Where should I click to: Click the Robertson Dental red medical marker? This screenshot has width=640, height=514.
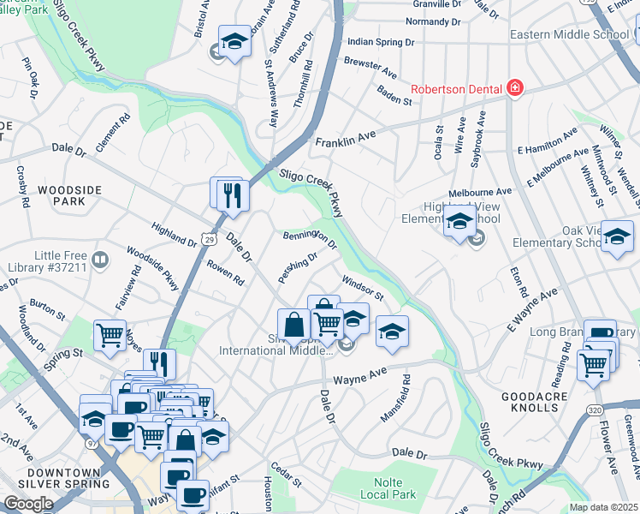coord(514,87)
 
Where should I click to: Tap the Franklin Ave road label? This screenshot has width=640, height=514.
coord(346,137)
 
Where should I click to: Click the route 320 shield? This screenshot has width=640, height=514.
coord(595,410)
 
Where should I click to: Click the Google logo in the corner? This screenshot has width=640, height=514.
coord(28,503)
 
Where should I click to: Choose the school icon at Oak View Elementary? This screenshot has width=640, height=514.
coord(617,237)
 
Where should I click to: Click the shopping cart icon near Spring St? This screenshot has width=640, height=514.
coord(110,335)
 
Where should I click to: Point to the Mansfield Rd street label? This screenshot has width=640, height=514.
coord(395,397)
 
